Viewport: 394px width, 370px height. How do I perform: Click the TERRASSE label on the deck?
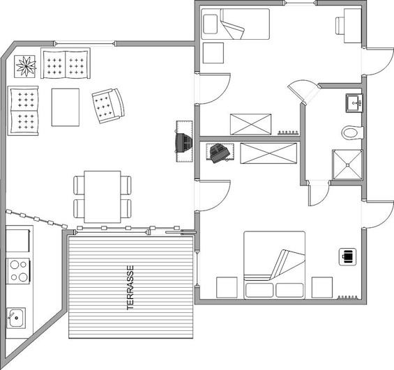130,288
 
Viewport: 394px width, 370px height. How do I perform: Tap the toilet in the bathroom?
353,132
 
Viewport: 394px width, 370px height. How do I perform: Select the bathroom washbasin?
354,103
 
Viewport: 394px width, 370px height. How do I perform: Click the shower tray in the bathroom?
347,165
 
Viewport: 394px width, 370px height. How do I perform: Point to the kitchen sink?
16,318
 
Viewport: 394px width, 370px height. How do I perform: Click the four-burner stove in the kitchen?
19,271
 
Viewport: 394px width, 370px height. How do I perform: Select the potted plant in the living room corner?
24,66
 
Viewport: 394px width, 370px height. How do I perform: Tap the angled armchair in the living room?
108,106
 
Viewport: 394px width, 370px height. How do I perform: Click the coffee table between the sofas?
66,107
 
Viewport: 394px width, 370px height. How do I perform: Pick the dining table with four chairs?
103,196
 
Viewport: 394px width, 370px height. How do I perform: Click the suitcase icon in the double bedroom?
347,256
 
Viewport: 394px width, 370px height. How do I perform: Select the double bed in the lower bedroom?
274,265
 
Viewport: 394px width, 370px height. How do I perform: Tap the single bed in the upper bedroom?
236,24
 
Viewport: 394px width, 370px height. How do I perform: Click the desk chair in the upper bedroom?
340,25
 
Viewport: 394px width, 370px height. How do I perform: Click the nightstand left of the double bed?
227,287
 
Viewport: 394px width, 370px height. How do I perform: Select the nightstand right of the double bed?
322,287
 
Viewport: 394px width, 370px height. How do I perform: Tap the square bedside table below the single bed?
213,53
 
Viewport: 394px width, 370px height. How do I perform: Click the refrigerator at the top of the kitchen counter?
17,239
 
